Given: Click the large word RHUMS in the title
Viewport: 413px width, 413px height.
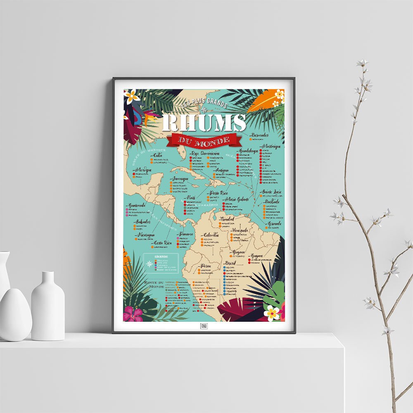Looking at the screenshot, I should [204, 123].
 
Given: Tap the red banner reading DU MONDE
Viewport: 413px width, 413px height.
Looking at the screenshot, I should [204, 140].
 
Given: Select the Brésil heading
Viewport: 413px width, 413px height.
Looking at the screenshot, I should [230, 263].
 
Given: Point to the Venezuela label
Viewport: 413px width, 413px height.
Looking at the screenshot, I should [240, 230].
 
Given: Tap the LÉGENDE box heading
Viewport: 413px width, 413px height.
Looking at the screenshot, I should [161, 256].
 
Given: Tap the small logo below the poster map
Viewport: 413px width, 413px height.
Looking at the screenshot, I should [204, 326].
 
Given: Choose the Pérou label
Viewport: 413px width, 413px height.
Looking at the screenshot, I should [206, 266].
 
